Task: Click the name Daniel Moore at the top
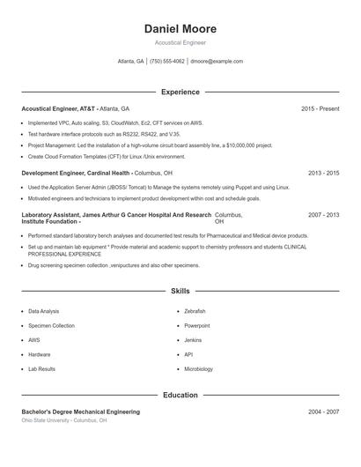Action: click(x=180, y=29)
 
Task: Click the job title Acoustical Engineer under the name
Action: click(x=180, y=42)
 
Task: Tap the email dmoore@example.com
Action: click(x=217, y=62)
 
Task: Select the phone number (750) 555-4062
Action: click(x=167, y=62)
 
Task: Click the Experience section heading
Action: click(x=180, y=92)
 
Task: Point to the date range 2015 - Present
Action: click(x=320, y=108)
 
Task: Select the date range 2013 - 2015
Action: click(x=323, y=174)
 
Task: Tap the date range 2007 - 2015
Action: click(x=323, y=215)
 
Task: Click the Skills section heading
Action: click(x=180, y=290)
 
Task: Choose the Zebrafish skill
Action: click(x=195, y=311)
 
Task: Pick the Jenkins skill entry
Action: click(x=193, y=340)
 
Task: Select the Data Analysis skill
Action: click(x=44, y=311)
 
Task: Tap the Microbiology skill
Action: click(x=198, y=369)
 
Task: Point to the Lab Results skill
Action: click(x=41, y=369)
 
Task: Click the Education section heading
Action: click(x=180, y=395)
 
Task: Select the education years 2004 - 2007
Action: click(x=323, y=411)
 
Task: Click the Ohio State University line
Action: click(x=64, y=421)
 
